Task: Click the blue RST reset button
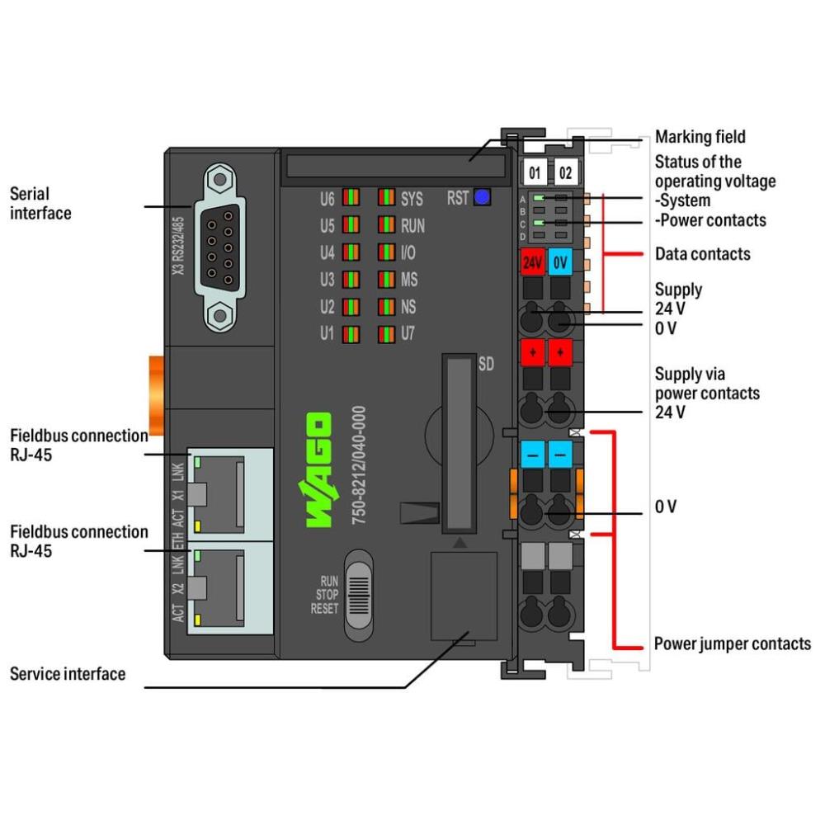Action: click(482, 197)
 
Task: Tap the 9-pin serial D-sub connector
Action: click(219, 246)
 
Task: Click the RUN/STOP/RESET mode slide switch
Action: click(358, 595)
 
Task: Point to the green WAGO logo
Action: click(319, 469)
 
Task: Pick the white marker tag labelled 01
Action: click(535, 173)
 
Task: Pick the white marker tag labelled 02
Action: click(566, 173)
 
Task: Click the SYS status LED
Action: click(386, 198)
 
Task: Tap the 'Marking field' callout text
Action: click(700, 137)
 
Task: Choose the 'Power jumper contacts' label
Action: click(732, 643)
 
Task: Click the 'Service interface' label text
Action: click(68, 674)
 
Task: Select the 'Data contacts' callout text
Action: click(702, 254)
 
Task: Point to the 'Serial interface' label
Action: click(40, 204)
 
